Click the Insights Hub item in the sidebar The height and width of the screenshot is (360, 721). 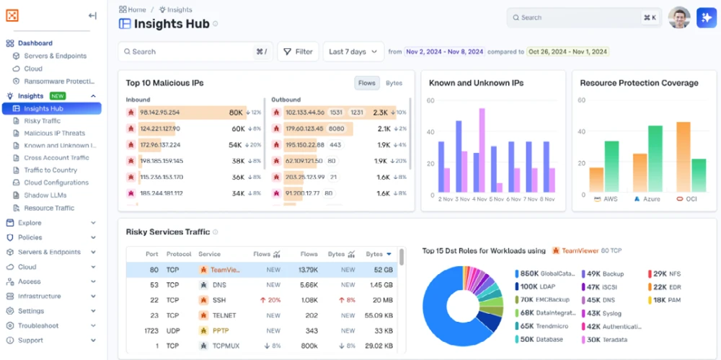click(x=43, y=109)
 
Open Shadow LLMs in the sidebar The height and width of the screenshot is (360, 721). click(x=45, y=196)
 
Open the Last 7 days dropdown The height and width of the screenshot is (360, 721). click(x=353, y=52)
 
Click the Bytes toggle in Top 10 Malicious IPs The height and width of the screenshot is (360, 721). click(x=394, y=83)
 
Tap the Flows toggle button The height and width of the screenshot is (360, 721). click(x=367, y=83)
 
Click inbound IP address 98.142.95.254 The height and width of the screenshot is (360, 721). click(x=159, y=113)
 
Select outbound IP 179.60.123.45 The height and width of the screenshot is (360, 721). click(x=305, y=128)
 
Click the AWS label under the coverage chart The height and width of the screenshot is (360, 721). click(x=610, y=198)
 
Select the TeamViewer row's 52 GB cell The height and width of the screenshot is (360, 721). click(x=383, y=270)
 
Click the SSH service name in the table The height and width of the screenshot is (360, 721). click(x=219, y=300)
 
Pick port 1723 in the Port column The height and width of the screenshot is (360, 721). click(x=152, y=330)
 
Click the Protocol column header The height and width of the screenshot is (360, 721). click(x=179, y=254)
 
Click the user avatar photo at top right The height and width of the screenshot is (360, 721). click(x=678, y=18)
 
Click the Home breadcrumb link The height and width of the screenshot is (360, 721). click(x=136, y=10)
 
